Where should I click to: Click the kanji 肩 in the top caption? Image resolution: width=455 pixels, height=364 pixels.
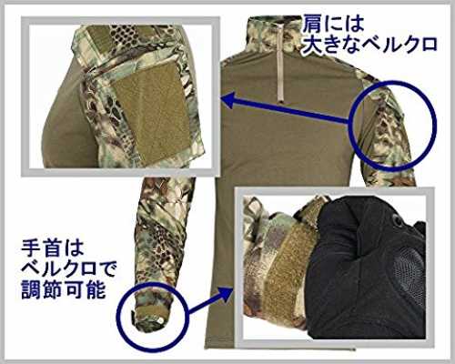point(312,24)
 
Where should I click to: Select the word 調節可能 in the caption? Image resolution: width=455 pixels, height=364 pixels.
point(64,289)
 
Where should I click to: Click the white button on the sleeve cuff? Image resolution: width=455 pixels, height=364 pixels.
point(160,319)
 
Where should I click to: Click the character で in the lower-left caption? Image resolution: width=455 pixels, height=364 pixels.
point(107,268)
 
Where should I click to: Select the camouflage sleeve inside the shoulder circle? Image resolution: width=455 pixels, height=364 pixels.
point(387,134)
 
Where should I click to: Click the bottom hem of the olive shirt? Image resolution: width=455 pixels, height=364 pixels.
point(280,349)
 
